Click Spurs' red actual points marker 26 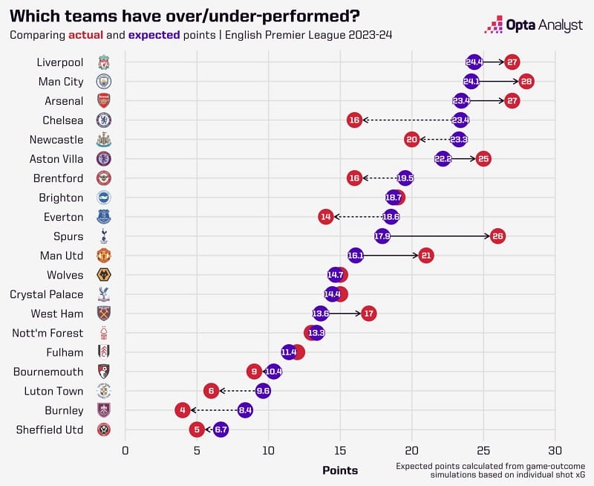[x=497, y=236]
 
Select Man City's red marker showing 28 [x=526, y=81]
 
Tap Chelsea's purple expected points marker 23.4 [x=461, y=120]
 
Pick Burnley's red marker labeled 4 [x=182, y=409]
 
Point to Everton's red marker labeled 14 [x=325, y=217]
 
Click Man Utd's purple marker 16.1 [x=356, y=256]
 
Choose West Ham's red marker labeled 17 [x=368, y=314]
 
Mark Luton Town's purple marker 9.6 [x=263, y=391]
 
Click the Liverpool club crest [x=103, y=62]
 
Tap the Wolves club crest [x=103, y=275]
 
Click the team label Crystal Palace [x=47, y=294]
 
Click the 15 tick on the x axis [x=340, y=450]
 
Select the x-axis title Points [x=340, y=470]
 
